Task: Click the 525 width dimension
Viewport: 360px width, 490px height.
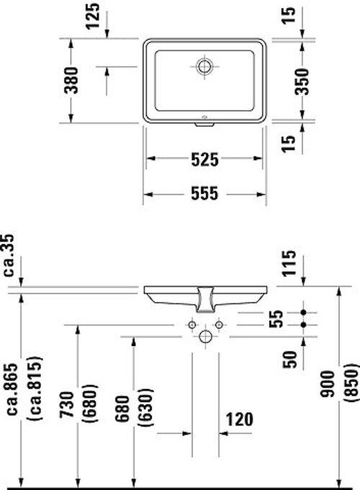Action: coord(204,160)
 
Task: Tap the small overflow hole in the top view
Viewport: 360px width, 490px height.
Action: coord(204,115)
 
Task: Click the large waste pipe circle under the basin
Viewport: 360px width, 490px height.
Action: coord(204,336)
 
